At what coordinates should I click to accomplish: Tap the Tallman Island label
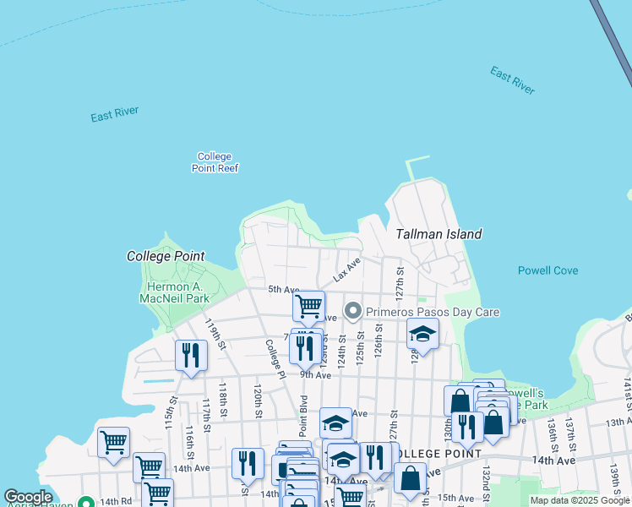click(439, 234)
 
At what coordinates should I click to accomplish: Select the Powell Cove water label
click(548, 270)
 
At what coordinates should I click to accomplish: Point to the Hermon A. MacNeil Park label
click(173, 292)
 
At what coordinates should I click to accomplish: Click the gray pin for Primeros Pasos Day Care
click(353, 312)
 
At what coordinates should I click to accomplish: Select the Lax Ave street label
click(346, 270)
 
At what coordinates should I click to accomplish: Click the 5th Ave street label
click(284, 290)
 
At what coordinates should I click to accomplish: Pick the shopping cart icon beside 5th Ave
click(309, 305)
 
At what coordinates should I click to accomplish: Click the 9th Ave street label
click(314, 374)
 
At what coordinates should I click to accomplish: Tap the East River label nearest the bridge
click(512, 80)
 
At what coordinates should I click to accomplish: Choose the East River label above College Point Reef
click(115, 115)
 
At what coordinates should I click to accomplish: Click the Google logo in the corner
click(28, 497)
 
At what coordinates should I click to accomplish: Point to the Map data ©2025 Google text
click(580, 501)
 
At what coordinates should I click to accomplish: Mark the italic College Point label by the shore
click(166, 255)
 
